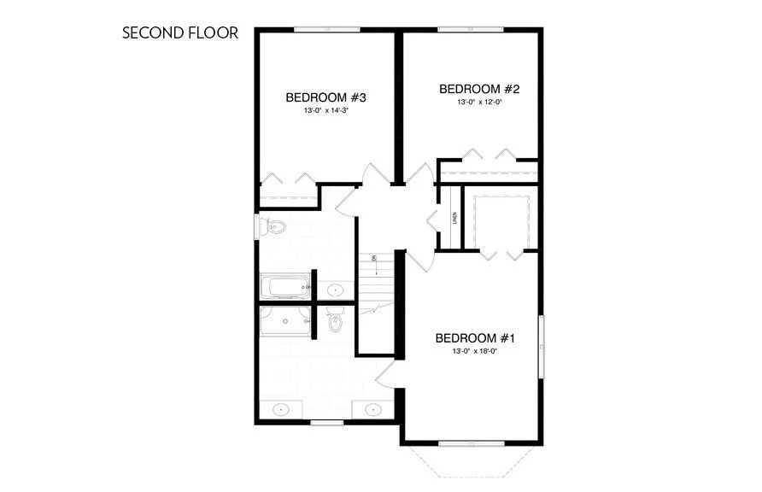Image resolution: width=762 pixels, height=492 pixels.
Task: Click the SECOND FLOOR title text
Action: pyautogui.click(x=179, y=33)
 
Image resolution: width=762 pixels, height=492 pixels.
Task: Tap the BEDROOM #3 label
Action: pyautogui.click(x=326, y=97)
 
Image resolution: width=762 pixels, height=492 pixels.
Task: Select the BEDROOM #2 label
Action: pyautogui.click(x=479, y=89)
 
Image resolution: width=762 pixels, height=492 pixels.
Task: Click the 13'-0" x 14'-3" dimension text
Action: pyautogui.click(x=326, y=111)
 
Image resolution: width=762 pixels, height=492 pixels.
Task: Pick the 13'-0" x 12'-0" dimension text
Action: pyautogui.click(x=479, y=102)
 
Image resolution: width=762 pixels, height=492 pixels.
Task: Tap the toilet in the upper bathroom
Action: pyautogui.click(x=274, y=227)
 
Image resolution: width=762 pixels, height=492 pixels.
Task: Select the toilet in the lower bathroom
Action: pyautogui.click(x=335, y=322)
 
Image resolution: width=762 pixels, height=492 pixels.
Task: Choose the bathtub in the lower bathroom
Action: pyautogui.click(x=284, y=322)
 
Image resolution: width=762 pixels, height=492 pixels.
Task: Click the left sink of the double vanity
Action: pyautogui.click(x=282, y=411)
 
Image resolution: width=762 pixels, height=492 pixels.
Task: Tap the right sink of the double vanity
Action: pyautogui.click(x=373, y=411)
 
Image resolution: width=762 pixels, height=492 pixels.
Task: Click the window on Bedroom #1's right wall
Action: pyautogui.click(x=540, y=346)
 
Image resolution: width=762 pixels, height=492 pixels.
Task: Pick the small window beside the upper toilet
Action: pyautogui.click(x=256, y=227)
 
